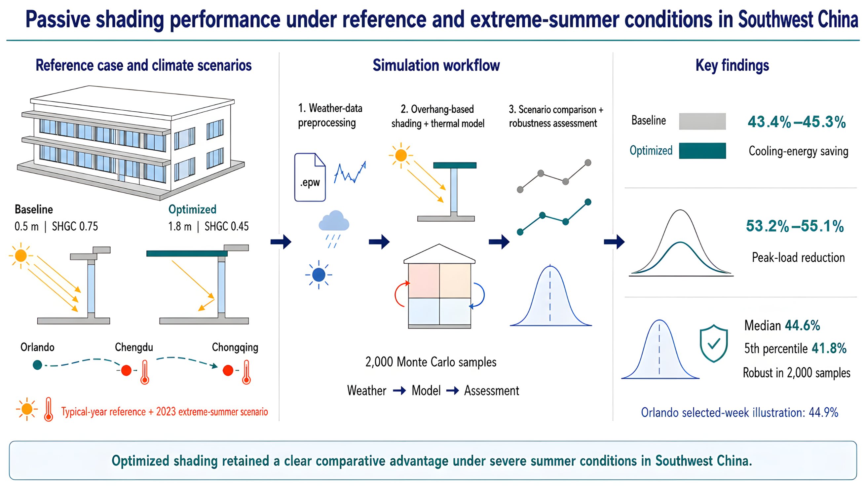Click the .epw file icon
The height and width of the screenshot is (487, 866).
tap(310, 177)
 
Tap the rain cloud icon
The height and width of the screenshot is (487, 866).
tap(333, 229)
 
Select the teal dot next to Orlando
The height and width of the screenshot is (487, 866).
tap(37, 365)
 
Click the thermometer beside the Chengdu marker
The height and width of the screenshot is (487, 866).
tap(145, 372)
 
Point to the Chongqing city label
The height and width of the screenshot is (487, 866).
tap(235, 348)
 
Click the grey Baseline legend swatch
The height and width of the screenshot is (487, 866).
tap(702, 121)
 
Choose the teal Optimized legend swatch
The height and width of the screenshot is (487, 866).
tap(702, 151)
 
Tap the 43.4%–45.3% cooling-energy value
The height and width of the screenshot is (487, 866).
tap(796, 122)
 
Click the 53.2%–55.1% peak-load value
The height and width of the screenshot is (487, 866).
tap(795, 226)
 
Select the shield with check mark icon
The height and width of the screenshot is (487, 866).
tap(713, 343)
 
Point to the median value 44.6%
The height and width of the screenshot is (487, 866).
tap(802, 325)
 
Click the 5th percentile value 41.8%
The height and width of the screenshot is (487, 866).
tap(829, 348)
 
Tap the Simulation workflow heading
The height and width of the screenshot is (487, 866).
tap(436, 65)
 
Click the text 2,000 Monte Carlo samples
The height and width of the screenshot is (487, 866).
tap(431, 362)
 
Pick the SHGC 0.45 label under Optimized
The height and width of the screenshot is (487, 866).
tap(227, 226)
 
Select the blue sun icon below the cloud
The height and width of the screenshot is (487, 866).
tap(319, 275)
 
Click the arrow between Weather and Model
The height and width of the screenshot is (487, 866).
tap(399, 391)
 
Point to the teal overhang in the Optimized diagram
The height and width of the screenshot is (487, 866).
tap(187, 253)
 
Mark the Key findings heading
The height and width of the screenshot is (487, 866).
tap(732, 65)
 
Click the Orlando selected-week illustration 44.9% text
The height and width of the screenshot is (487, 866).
tap(739, 412)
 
